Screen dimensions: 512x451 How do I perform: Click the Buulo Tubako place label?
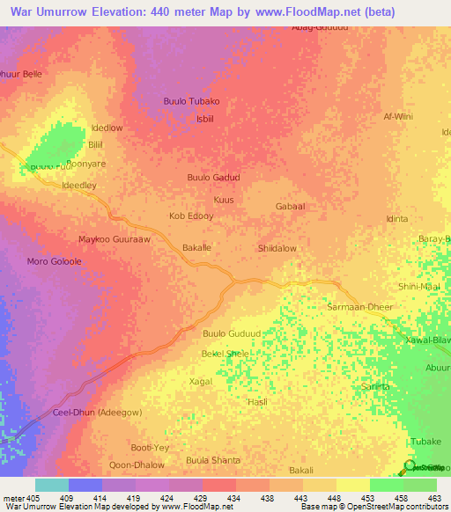(x=191, y=101)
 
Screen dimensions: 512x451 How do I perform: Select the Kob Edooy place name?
(x=190, y=216)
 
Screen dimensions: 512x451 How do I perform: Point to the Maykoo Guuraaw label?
(x=115, y=239)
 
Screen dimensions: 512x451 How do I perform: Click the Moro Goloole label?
(x=54, y=262)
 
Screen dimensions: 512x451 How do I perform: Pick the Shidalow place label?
(x=277, y=249)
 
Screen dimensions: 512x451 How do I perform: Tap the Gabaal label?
(x=290, y=206)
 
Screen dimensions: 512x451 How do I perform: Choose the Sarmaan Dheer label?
(x=360, y=307)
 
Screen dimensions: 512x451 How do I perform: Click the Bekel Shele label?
(x=225, y=354)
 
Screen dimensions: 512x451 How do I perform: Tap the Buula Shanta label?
(x=213, y=460)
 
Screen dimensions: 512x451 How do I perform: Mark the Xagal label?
(x=201, y=381)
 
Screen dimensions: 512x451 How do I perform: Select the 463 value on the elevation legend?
(x=433, y=497)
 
